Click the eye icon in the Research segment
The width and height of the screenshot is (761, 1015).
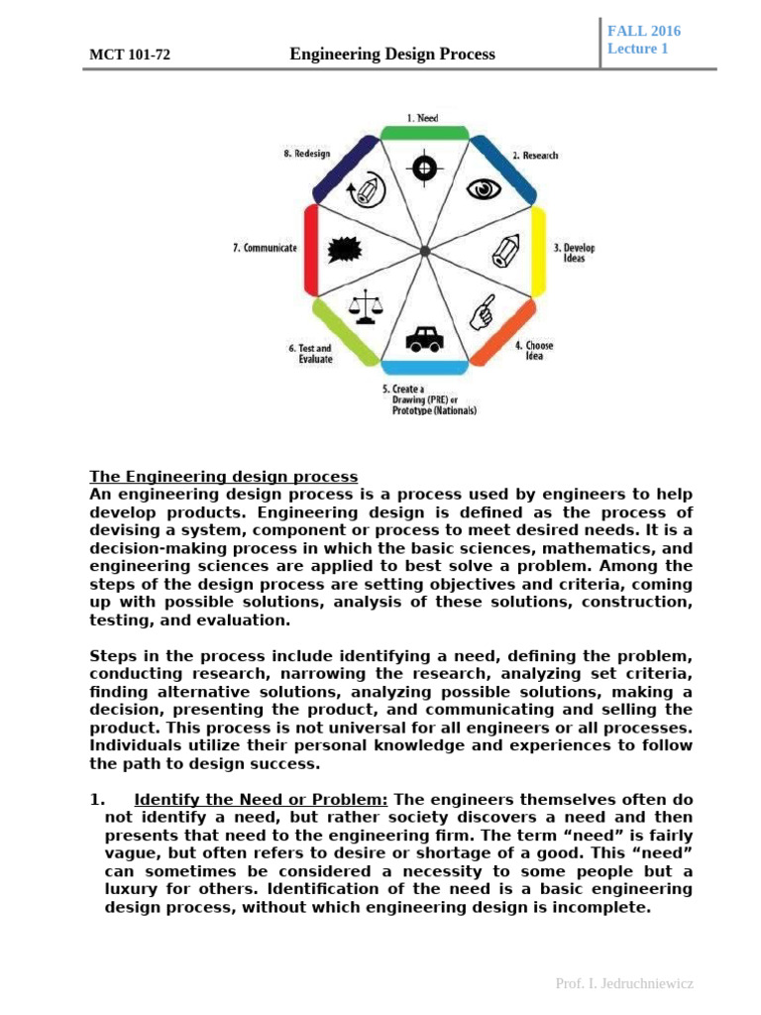click(484, 189)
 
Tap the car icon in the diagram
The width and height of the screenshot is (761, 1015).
click(424, 339)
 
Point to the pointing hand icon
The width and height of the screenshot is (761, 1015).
click(483, 311)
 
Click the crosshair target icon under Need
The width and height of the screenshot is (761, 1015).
click(425, 166)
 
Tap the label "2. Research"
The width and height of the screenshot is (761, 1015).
click(535, 156)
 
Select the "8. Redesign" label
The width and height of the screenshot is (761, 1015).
click(306, 155)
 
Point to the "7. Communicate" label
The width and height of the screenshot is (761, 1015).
click(265, 248)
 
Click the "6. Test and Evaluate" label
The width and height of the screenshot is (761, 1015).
click(310, 354)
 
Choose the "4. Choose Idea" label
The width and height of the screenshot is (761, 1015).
click(534, 351)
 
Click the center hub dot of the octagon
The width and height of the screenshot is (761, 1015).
click(424, 250)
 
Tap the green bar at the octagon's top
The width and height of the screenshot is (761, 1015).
click(423, 133)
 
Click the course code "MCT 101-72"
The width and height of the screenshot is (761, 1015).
click(130, 56)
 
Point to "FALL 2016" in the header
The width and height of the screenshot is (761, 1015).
click(644, 31)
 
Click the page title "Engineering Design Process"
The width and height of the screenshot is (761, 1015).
click(392, 55)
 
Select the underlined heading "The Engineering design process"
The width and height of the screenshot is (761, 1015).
click(224, 477)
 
